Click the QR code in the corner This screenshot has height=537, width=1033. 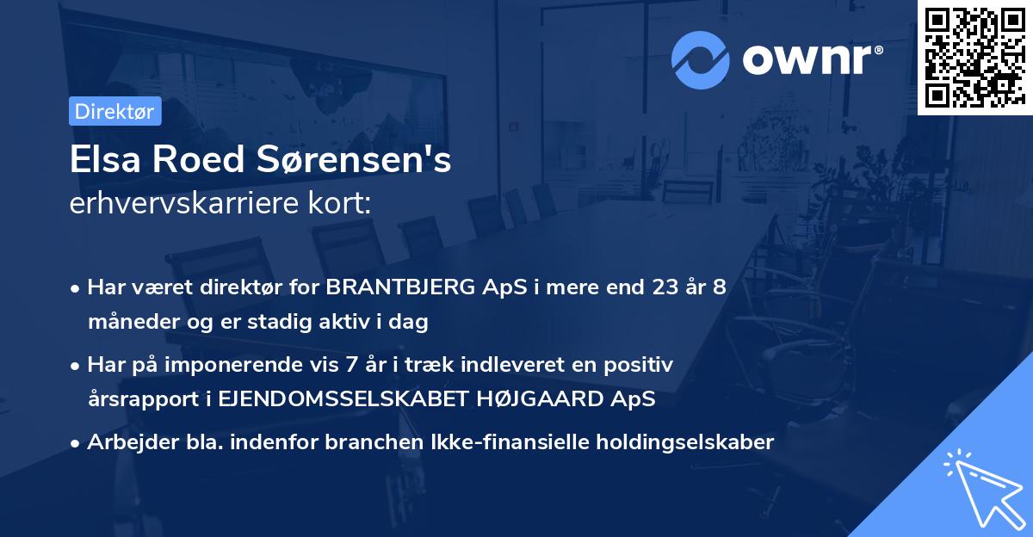tap(974, 58)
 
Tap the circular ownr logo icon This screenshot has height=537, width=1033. tap(701, 58)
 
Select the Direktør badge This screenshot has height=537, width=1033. tap(114, 111)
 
